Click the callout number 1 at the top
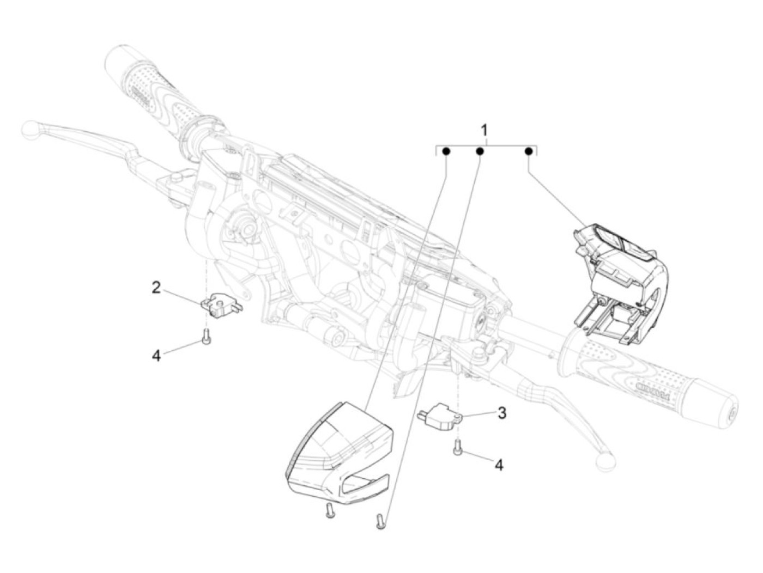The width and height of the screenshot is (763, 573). coord(484,131)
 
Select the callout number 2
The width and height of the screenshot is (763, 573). coord(156,288)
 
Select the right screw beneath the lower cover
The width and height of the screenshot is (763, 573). coord(380,520)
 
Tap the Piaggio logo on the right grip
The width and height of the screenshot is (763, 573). coord(652,387)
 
